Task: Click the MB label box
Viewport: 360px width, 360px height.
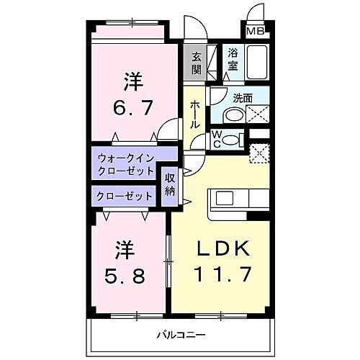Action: [255, 31]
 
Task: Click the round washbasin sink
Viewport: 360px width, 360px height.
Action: [233, 115]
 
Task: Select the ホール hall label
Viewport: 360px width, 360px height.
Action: [195, 114]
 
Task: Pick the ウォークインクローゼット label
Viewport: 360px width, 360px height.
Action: [124, 164]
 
